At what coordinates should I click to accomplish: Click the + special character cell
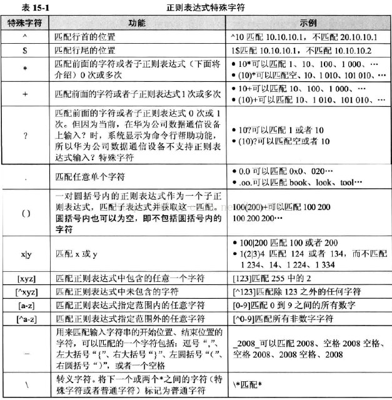(x=26, y=94)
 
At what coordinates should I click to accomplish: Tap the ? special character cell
(x=26, y=135)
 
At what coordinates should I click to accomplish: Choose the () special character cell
(x=26, y=213)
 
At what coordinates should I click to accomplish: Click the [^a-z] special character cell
(x=26, y=318)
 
